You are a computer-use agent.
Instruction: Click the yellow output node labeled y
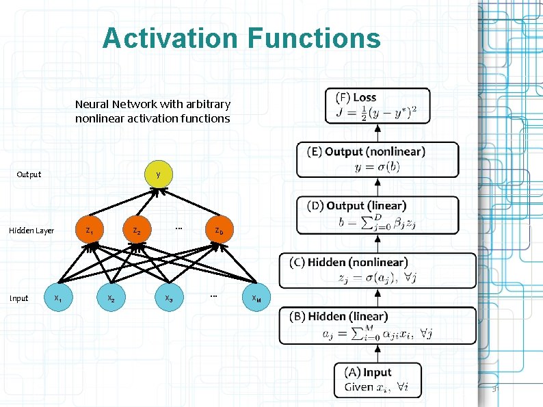coord(158,174)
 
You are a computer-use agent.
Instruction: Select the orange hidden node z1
coord(90,230)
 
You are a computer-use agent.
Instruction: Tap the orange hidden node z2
coord(137,230)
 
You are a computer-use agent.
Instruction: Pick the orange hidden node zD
coord(219,230)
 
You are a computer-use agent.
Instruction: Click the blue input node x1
coord(59,298)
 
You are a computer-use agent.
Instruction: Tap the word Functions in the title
coord(314,38)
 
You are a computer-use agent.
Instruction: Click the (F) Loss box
coord(378,105)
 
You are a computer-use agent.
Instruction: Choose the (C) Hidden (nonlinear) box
coord(378,271)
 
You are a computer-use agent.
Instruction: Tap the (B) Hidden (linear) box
coord(378,325)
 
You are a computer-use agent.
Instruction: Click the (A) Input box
coord(378,380)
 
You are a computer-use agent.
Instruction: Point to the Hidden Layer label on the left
coord(31,231)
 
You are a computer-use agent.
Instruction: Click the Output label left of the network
coord(29,174)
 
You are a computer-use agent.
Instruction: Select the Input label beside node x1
coord(18,298)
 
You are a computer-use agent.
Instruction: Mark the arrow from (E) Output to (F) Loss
coord(378,133)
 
